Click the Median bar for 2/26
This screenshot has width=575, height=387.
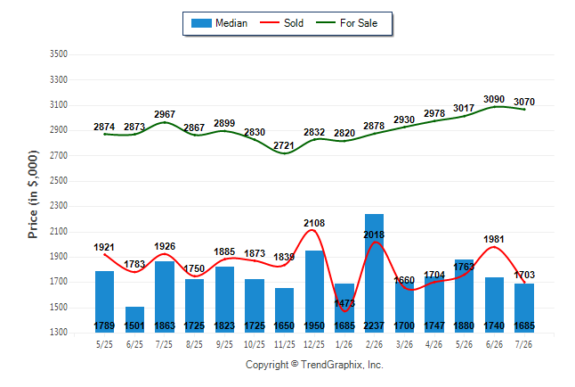(374, 273)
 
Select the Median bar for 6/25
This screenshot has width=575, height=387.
(134, 319)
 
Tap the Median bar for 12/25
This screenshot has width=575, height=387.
(314, 292)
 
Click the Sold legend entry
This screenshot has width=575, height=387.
(281, 23)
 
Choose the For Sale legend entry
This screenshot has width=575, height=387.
(346, 23)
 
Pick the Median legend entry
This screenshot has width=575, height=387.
(219, 23)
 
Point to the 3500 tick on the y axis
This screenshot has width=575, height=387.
(59, 54)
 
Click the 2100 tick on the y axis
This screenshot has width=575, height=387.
(59, 232)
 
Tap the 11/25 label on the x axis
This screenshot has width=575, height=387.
(284, 344)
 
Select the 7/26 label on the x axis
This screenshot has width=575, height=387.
(523, 344)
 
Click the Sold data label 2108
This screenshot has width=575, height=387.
(314, 223)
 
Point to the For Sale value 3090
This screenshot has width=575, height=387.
(494, 99)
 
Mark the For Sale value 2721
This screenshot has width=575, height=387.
(284, 146)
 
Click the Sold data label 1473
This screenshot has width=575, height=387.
(344, 303)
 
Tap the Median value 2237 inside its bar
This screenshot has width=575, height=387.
(374, 325)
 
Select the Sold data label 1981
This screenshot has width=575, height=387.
(494, 239)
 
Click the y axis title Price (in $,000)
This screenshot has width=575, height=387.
(33, 194)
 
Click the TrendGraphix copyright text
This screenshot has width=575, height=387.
(314, 365)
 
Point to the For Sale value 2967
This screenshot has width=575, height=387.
(165, 114)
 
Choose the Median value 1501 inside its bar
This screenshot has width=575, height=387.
(134, 325)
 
